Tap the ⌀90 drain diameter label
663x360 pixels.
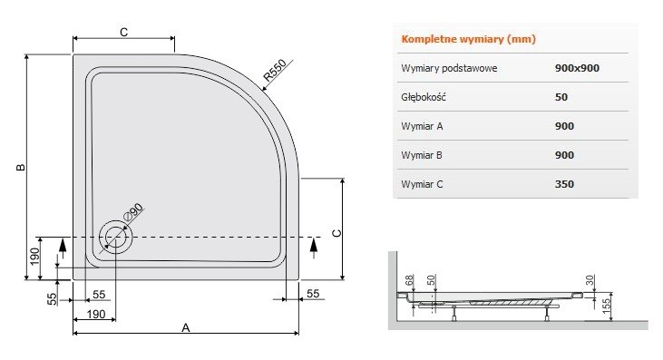click(x=133, y=214)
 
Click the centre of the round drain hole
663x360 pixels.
click(x=116, y=237)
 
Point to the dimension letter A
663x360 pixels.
click(x=185, y=327)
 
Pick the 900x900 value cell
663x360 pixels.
click(x=577, y=68)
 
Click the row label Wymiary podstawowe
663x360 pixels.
click(x=448, y=68)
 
